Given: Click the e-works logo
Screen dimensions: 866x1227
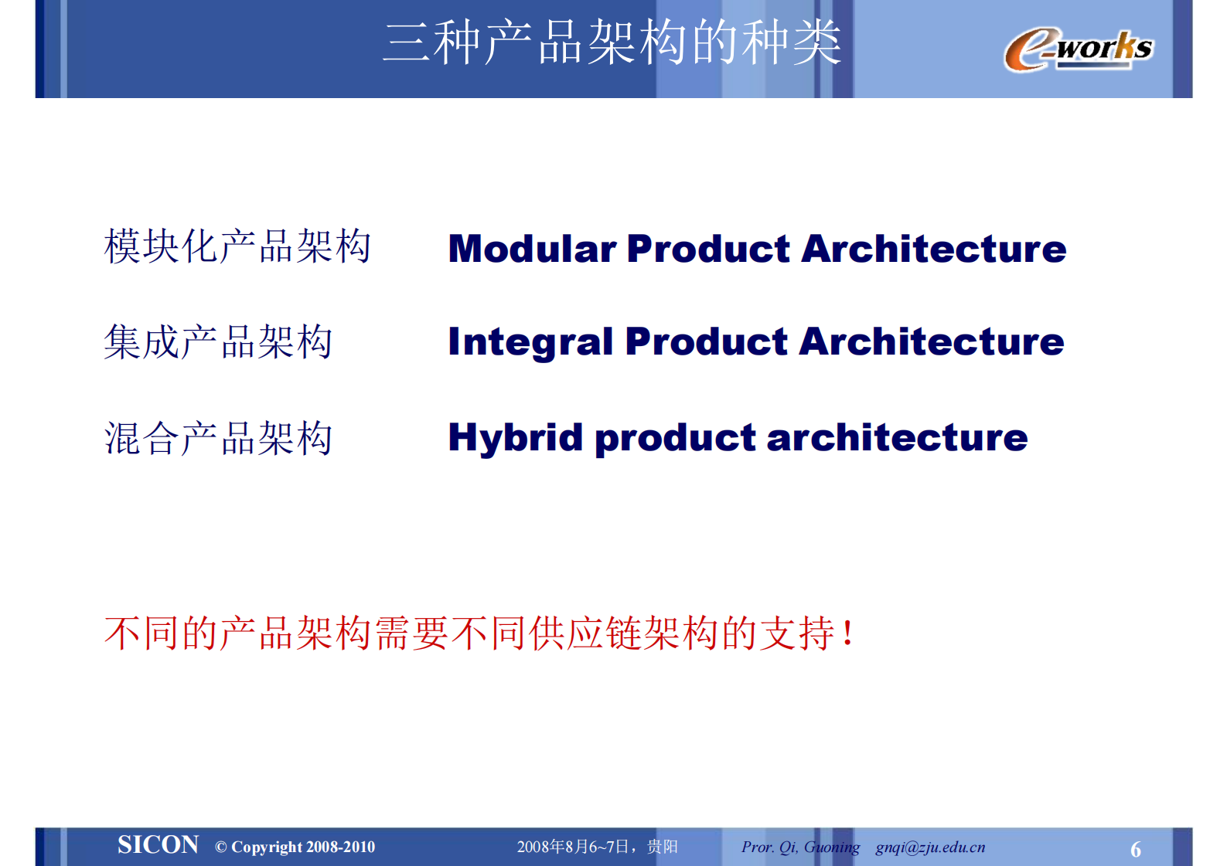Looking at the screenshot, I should click(x=1078, y=49).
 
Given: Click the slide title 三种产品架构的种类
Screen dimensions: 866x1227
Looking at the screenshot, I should click(x=612, y=42).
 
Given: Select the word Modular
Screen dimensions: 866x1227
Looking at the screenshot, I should click(x=532, y=249).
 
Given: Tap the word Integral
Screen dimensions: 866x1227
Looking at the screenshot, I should click(x=530, y=342).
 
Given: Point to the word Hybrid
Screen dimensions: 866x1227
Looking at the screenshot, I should click(x=515, y=438).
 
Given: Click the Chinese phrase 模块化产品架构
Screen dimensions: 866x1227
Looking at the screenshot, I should click(x=237, y=246).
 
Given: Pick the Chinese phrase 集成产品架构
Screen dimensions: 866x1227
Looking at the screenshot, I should click(x=218, y=342).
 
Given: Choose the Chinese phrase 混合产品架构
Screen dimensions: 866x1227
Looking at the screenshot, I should click(x=218, y=438).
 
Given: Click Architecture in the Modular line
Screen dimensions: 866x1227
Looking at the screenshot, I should click(x=933, y=249).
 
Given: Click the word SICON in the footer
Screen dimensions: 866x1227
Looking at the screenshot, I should click(x=158, y=845).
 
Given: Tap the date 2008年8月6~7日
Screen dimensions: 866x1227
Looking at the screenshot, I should click(x=572, y=847).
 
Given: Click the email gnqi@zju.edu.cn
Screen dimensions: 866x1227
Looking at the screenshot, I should click(x=930, y=847).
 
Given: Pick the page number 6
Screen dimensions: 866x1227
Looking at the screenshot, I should click(x=1135, y=850).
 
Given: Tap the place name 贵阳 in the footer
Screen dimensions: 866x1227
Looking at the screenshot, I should click(x=663, y=847).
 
